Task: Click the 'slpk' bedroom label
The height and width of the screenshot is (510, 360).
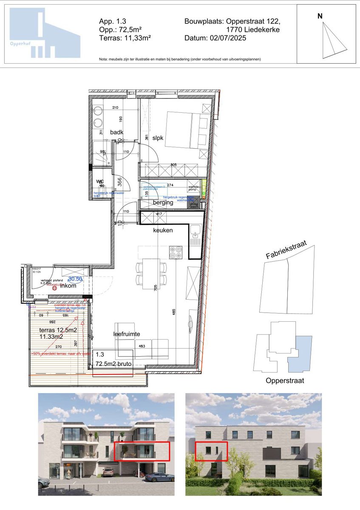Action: click(x=158, y=138)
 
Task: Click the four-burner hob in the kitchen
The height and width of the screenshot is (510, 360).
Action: click(x=176, y=252)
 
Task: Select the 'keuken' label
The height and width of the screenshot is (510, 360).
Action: click(x=163, y=230)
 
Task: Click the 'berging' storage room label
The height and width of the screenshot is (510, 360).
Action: click(x=163, y=203)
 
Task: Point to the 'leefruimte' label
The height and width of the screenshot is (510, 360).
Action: click(x=127, y=334)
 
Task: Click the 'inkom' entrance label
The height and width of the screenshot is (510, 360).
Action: click(x=68, y=286)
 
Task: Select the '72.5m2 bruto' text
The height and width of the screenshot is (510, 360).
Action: click(x=113, y=364)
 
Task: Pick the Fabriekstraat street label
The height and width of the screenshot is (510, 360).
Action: click(x=286, y=250)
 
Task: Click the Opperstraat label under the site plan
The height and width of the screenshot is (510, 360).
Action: click(x=285, y=380)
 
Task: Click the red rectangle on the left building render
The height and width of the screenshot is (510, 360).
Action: click(x=142, y=451)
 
